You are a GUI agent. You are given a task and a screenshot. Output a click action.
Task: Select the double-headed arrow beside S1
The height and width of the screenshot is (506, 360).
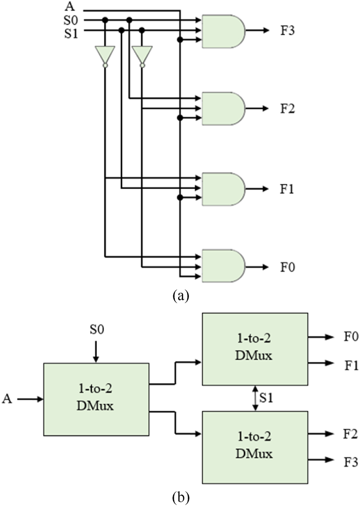[x=255, y=399]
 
